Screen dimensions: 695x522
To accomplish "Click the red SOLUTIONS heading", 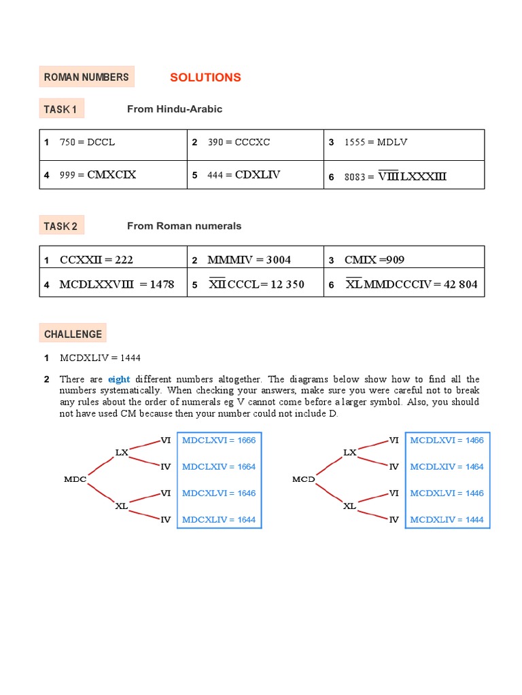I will click(205, 77).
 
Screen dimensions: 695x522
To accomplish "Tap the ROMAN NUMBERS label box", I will click(86, 77).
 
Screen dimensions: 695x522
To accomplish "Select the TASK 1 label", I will click(60, 109).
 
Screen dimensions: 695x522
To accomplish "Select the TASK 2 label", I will click(60, 226).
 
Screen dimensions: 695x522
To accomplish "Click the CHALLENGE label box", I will click(73, 334).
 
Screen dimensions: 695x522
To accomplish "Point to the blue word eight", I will click(119, 379).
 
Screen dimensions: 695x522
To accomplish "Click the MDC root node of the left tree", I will click(75, 479).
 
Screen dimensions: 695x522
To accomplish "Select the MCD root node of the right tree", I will click(303, 479).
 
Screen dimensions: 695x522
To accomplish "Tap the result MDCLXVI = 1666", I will click(219, 440).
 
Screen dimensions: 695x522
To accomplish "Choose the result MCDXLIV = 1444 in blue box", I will click(447, 520).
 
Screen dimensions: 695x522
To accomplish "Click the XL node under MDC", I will click(122, 506).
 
